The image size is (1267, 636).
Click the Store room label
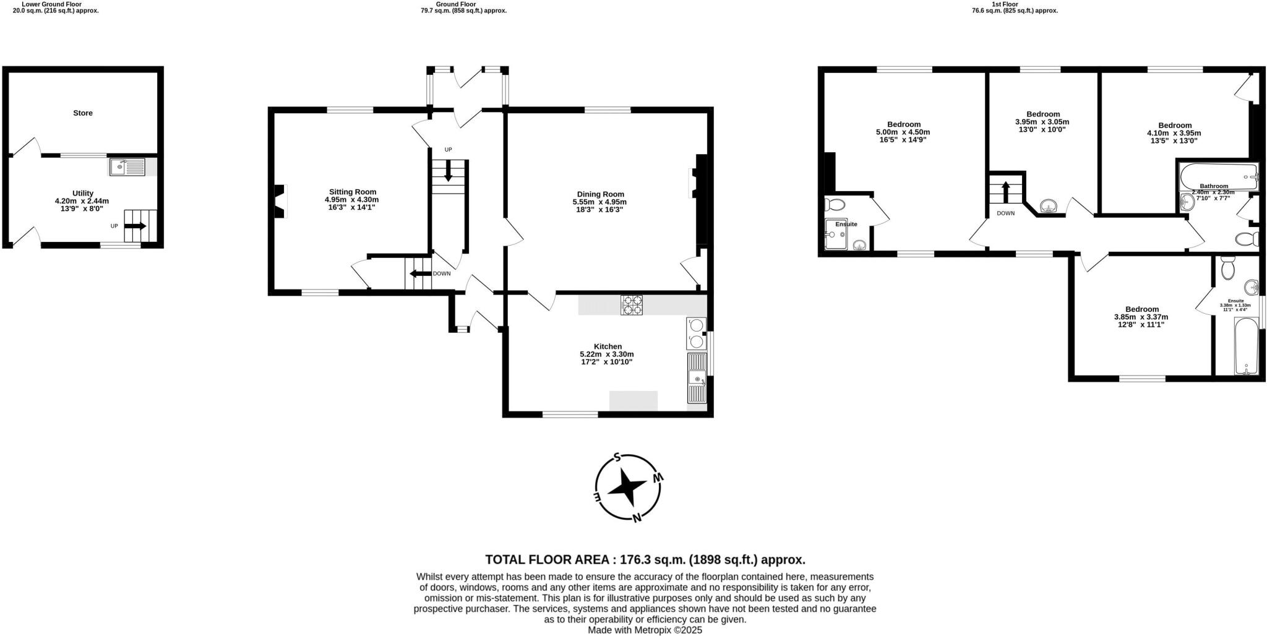click(x=83, y=113)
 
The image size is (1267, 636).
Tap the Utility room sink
click(x=127, y=167)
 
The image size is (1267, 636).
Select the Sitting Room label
click(x=352, y=192)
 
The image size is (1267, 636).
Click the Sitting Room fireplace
click(x=280, y=202)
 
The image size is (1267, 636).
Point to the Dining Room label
click(x=599, y=194)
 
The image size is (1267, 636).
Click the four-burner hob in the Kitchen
click(x=632, y=306)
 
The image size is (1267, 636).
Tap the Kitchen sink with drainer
click(x=697, y=378)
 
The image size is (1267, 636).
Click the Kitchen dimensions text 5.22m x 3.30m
click(x=606, y=355)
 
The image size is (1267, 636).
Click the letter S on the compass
click(x=617, y=458)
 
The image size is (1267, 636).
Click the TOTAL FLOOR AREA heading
click(x=645, y=560)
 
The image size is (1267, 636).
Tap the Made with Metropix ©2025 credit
click(x=645, y=630)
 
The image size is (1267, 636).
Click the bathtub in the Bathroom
click(x=1218, y=177)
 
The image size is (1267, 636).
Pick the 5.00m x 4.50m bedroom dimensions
click(x=903, y=132)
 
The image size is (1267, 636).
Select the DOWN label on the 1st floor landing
click(x=1005, y=213)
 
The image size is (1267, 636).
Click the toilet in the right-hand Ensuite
click(x=1228, y=269)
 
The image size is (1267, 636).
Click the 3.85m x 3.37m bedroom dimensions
click(x=1141, y=317)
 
